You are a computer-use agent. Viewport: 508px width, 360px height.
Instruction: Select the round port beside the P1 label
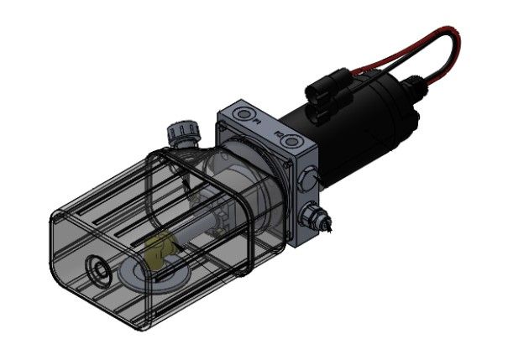pyautogui.click(x=244, y=112)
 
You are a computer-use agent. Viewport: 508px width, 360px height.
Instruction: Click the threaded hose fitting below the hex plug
pyautogui.click(x=321, y=219)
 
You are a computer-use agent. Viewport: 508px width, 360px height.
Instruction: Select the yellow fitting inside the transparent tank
pyautogui.click(x=160, y=251)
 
